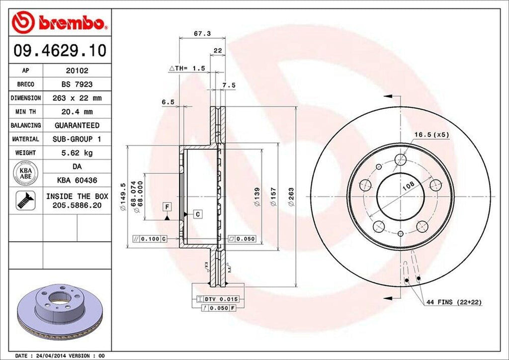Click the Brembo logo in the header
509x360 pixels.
tap(59, 22)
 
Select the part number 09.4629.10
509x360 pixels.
tap(59, 51)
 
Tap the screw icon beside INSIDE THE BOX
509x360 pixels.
tap(25, 200)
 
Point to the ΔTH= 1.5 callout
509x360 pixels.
tap(187, 68)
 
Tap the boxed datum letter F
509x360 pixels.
tap(167, 206)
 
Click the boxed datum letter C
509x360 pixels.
tap(197, 214)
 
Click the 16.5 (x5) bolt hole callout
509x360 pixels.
tap(432, 135)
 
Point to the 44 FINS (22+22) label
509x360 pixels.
tap(453, 302)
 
